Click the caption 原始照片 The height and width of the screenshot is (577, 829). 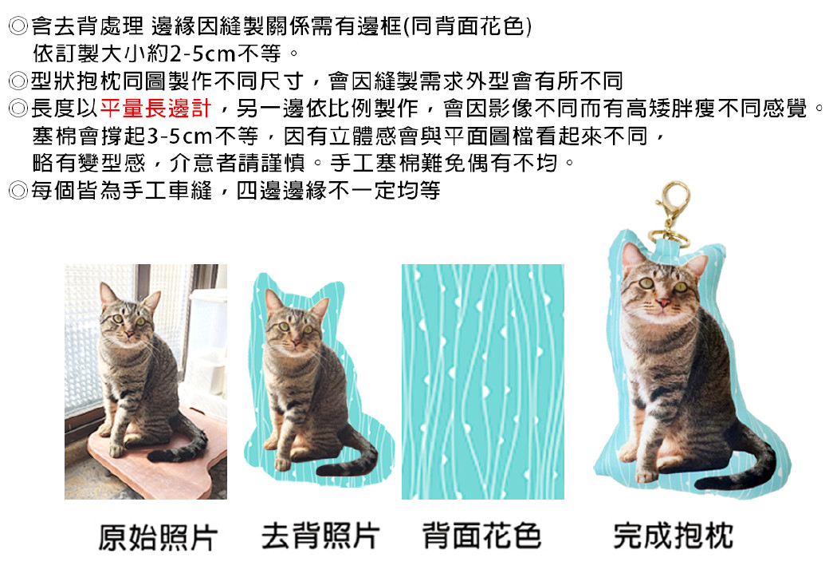[158, 537]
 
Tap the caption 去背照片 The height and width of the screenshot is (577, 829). [320, 536]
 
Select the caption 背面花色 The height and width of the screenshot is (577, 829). [481, 536]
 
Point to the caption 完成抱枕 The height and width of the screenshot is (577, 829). [673, 536]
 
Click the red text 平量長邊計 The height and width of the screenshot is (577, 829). [155, 109]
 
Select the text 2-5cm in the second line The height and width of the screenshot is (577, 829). [202, 53]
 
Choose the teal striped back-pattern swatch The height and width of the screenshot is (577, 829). [483, 381]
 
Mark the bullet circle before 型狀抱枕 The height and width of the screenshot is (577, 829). [18, 81]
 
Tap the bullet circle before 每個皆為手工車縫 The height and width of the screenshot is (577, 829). [18, 191]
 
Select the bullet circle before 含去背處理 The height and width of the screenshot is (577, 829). [18, 26]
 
